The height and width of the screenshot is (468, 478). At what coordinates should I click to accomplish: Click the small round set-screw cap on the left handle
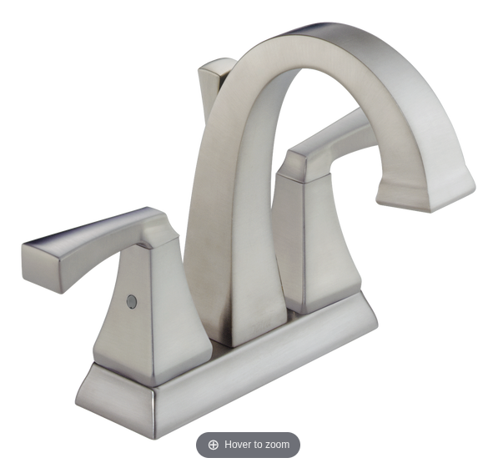pos(131,301)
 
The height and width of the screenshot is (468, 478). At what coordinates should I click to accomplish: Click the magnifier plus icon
pos(214,445)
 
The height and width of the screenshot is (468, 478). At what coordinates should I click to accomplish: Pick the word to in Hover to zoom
pos(259,445)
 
